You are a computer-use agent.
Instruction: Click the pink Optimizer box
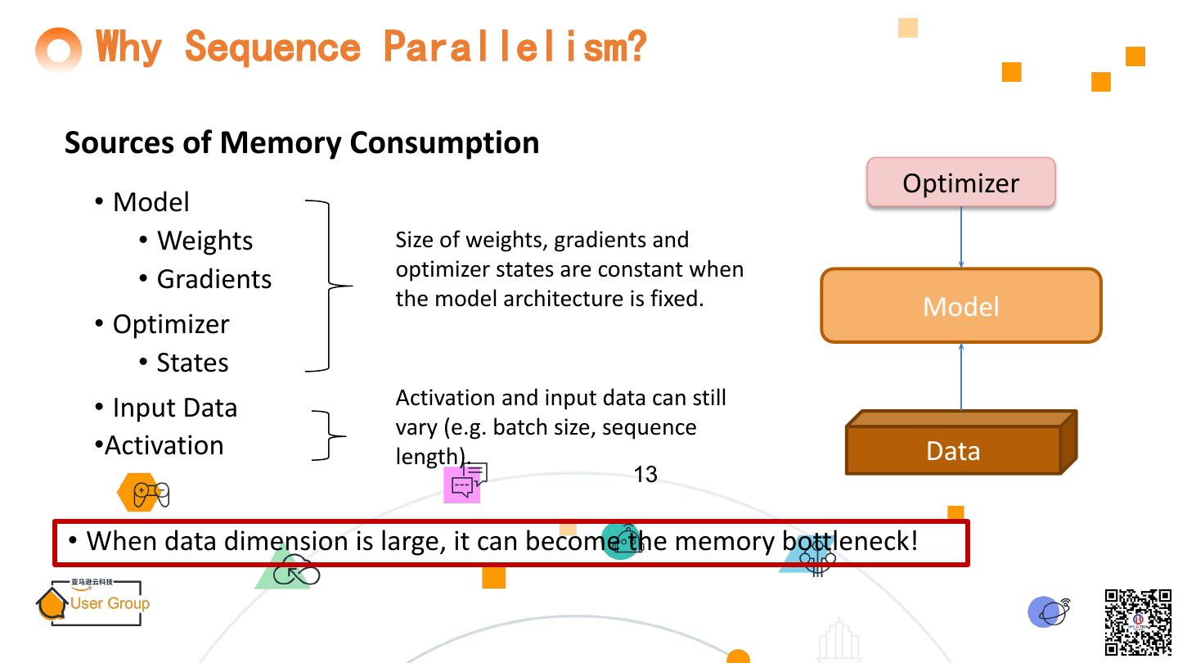(960, 182)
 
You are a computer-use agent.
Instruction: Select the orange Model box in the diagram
(960, 305)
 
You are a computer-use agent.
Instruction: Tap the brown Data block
(953, 449)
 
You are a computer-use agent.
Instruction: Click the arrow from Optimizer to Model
(960, 237)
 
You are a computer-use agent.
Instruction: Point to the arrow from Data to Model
(960, 377)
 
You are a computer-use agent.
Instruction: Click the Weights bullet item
(205, 241)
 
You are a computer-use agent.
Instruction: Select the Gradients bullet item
(214, 279)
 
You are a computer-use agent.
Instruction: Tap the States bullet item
(192, 363)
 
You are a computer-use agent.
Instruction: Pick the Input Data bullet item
(174, 408)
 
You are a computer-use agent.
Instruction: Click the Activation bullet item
(164, 445)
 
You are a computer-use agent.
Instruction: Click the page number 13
(645, 475)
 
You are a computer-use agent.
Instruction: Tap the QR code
(1138, 622)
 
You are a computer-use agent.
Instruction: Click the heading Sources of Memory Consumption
(302, 142)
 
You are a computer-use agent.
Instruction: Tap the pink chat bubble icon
(464, 482)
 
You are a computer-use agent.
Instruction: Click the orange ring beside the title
(59, 51)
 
